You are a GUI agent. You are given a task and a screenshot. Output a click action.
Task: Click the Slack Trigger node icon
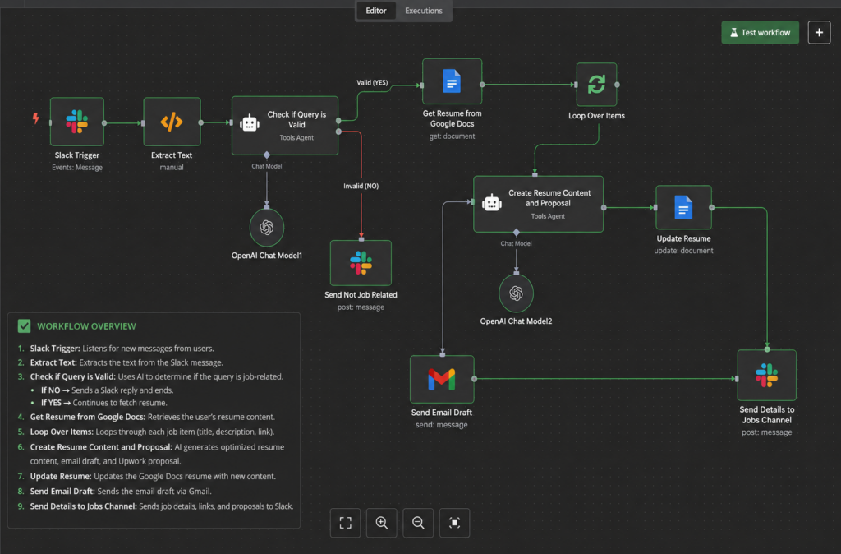[77, 122]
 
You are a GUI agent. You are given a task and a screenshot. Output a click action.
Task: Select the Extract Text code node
[172, 122]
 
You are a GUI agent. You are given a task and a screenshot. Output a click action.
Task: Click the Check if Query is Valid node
[285, 126]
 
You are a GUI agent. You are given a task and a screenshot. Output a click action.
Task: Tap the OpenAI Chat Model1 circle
[267, 227]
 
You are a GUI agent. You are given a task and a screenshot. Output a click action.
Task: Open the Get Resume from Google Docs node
[453, 81]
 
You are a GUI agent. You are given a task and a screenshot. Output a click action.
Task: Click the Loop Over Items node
[596, 85]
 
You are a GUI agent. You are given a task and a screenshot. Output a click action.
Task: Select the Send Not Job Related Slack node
[361, 262]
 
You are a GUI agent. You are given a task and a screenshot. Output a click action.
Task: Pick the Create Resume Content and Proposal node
[539, 204]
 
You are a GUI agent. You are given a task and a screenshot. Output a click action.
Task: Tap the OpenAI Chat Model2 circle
[516, 293]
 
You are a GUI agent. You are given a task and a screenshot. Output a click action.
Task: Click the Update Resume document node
[684, 207]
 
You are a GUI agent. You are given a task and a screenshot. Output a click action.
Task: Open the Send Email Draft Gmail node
[442, 379]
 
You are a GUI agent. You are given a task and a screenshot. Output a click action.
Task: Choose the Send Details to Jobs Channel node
[767, 376]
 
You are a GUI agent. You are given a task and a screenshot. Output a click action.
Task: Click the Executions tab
[424, 11]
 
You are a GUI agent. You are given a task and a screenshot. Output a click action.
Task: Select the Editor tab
[376, 11]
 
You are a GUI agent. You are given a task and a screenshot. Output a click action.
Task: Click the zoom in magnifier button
[382, 522]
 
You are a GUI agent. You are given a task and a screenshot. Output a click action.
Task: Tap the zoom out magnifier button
[418, 522]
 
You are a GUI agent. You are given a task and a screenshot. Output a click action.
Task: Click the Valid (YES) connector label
[372, 83]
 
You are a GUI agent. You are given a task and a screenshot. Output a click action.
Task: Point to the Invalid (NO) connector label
[361, 186]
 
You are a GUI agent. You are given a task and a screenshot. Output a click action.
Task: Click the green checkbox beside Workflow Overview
[24, 325]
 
